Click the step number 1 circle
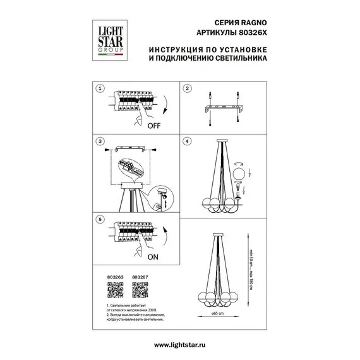coord(99,89)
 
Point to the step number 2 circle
coord(188,89)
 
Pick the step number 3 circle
coord(99,141)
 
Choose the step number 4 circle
coord(188,141)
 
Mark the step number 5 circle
coord(99,220)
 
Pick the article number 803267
coord(139,276)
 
